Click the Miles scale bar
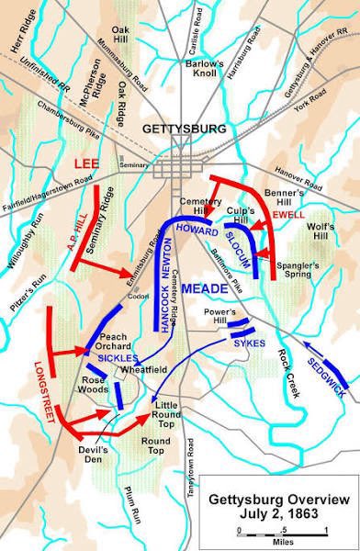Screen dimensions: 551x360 [281, 531]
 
